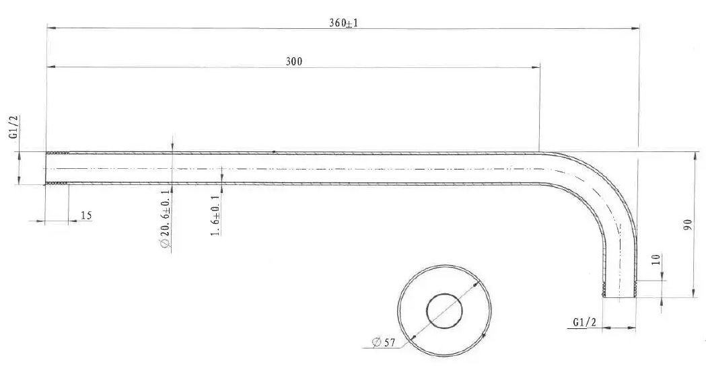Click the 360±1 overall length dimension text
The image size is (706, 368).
point(343,23)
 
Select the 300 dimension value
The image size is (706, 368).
point(294,62)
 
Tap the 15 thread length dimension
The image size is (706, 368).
point(86,215)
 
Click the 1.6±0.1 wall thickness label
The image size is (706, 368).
point(215,215)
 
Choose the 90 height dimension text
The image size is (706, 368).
point(688,225)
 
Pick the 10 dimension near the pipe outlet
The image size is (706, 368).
point(656,260)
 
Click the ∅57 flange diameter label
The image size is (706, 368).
point(384,342)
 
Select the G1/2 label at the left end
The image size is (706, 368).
point(14,127)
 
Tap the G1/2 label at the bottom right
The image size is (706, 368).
point(584,322)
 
